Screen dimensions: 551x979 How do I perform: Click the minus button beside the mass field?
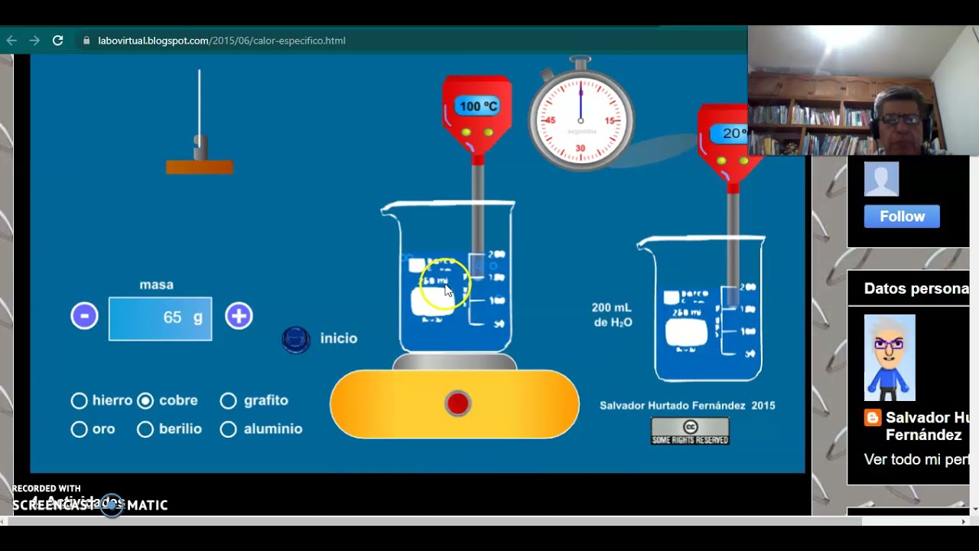[x=84, y=316]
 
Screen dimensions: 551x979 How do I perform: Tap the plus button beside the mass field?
[x=239, y=316]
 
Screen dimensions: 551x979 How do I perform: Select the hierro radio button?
[x=79, y=400]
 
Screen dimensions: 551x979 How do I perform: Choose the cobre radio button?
[x=145, y=400]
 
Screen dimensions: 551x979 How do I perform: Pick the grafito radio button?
[x=228, y=400]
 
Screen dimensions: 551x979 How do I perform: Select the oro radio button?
[x=79, y=429]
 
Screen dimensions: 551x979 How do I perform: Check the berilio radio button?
[x=145, y=429]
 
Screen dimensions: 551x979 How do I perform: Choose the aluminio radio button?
[x=228, y=429]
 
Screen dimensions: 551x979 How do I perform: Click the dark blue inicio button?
[x=296, y=339]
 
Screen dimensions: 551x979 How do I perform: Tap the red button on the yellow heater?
[x=457, y=403]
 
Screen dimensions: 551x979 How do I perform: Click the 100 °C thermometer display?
[x=478, y=106]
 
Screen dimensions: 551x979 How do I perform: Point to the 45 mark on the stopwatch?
[x=548, y=121]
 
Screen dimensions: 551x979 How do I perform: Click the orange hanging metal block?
[x=200, y=167]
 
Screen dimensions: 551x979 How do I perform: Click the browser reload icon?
[x=57, y=41]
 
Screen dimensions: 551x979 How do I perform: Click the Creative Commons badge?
[x=690, y=431]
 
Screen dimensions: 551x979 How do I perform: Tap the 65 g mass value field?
[x=160, y=318]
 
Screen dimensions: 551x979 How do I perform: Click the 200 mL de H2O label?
[x=612, y=315]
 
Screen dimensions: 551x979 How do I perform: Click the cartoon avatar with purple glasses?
[x=890, y=357]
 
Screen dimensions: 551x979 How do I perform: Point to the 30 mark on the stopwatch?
[x=581, y=148]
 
